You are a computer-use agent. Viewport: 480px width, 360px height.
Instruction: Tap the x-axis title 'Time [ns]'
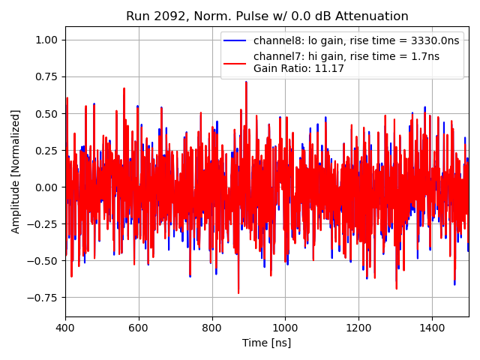[x=266, y=343]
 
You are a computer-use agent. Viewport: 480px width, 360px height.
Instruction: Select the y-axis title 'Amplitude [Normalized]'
[x=16, y=171]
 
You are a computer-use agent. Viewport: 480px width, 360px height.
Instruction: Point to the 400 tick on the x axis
[x=65, y=328]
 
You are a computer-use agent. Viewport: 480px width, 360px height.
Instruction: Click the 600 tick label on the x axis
[x=139, y=328]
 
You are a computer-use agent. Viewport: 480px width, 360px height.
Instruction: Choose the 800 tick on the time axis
[x=212, y=328]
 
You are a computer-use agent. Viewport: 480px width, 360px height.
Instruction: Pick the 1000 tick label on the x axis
[x=285, y=328]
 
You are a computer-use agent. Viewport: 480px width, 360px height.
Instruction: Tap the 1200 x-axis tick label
[x=358, y=328]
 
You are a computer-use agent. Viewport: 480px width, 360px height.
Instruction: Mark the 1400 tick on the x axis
[x=432, y=328]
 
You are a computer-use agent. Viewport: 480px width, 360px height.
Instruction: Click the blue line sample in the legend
[x=235, y=40]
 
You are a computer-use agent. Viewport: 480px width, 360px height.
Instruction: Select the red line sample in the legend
[x=235, y=56]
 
